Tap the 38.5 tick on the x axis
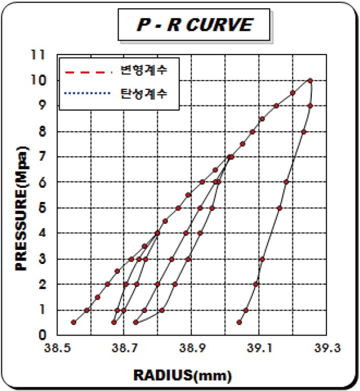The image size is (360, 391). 58,347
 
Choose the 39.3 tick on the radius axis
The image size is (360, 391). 324,347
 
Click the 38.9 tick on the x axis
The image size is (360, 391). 191,347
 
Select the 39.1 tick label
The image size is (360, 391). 258,347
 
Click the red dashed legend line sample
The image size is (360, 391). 88,70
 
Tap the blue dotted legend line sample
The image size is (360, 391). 88,94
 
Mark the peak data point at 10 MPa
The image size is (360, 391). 310,80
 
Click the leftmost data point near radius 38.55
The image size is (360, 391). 74,323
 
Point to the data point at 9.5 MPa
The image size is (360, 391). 292,93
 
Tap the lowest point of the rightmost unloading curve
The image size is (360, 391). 240,323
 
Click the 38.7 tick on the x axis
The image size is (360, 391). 124,347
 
